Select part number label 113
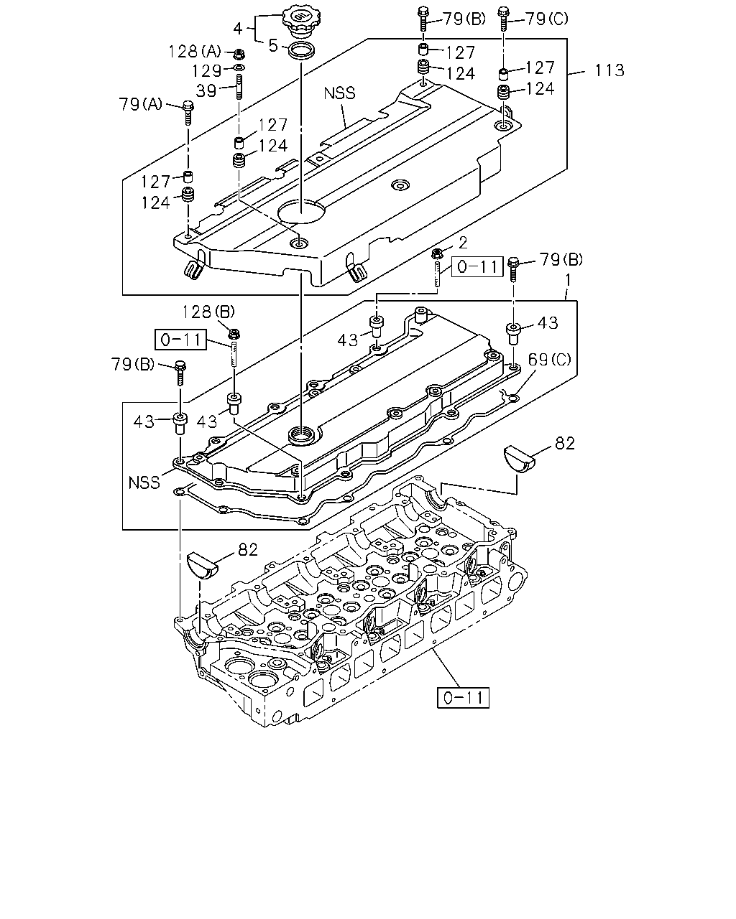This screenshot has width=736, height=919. [x=609, y=70]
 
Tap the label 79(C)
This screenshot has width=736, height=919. [x=547, y=19]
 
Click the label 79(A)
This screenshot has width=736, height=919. [x=140, y=104]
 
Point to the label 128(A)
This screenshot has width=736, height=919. [x=195, y=52]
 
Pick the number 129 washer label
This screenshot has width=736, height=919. [x=206, y=71]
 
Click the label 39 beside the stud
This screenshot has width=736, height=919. [x=206, y=90]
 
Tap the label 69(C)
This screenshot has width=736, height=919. [x=550, y=360]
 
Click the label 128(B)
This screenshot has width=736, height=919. [x=208, y=312]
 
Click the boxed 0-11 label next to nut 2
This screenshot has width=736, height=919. [x=477, y=267]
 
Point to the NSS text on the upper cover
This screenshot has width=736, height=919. [x=339, y=93]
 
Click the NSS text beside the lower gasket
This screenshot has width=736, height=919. [x=144, y=482]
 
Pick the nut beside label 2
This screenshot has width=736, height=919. [x=436, y=253]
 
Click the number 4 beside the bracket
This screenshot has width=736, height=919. [x=238, y=29]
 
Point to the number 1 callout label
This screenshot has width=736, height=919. [x=568, y=280]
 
